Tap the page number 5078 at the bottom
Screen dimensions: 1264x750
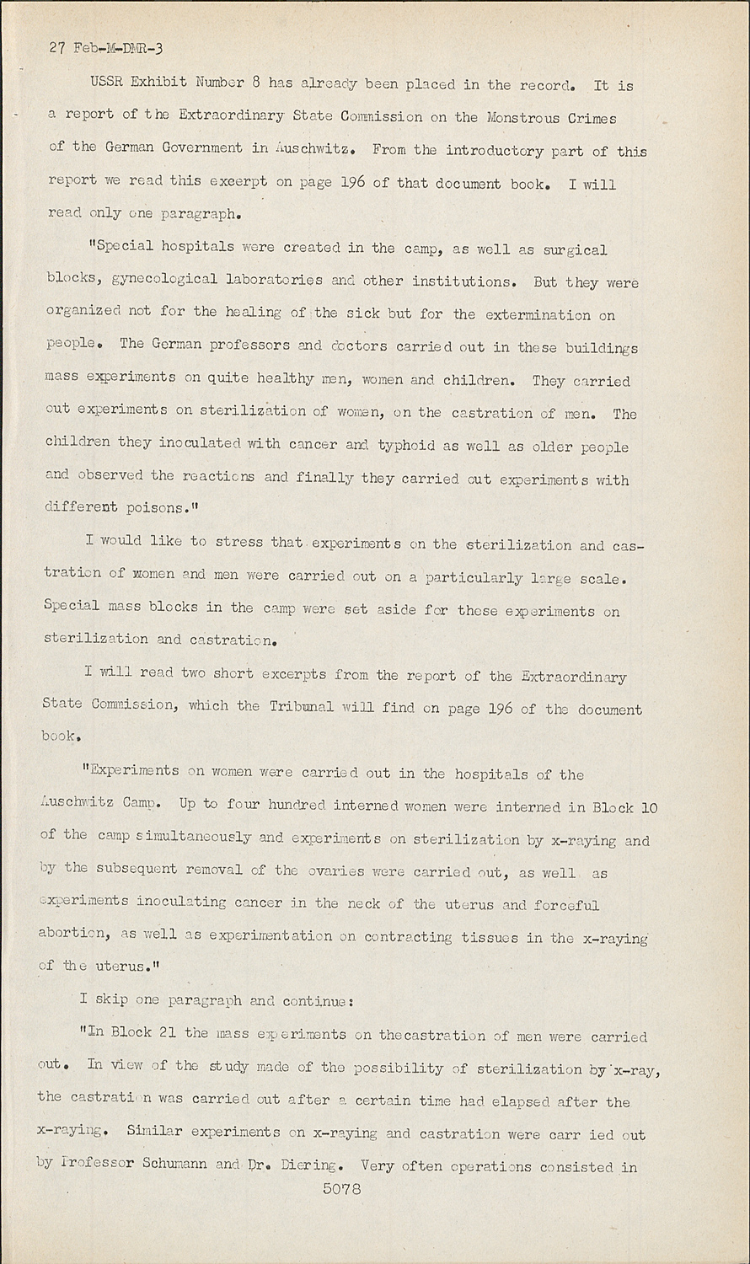(341, 1190)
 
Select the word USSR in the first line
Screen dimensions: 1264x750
(108, 83)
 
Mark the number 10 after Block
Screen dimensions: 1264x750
(648, 807)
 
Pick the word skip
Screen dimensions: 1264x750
(107, 1000)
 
